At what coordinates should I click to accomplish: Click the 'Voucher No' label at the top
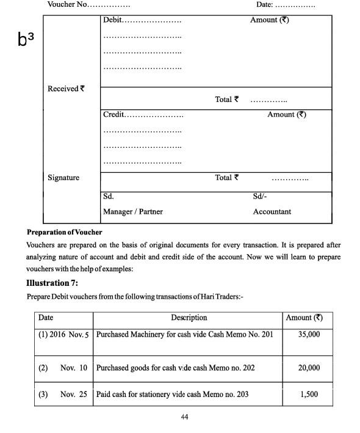(x=67, y=5)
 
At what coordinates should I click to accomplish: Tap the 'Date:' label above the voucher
(x=264, y=5)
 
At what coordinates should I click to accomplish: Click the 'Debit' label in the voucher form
(x=112, y=20)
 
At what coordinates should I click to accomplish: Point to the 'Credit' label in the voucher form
(x=113, y=115)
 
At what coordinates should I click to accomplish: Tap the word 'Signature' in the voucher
(x=63, y=178)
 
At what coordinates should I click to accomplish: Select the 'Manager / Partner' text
(x=132, y=211)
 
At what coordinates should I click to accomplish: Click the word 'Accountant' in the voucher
(x=272, y=211)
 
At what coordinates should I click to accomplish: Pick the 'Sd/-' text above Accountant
(x=259, y=196)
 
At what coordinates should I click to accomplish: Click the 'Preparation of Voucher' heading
(x=64, y=232)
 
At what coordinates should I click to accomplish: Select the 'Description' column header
(x=189, y=318)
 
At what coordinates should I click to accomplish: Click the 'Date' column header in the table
(x=46, y=318)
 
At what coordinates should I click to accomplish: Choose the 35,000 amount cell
(x=309, y=335)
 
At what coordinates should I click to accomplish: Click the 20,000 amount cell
(x=309, y=368)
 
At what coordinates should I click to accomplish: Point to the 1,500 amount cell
(x=309, y=394)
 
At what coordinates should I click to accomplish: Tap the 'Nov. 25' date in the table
(x=74, y=394)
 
